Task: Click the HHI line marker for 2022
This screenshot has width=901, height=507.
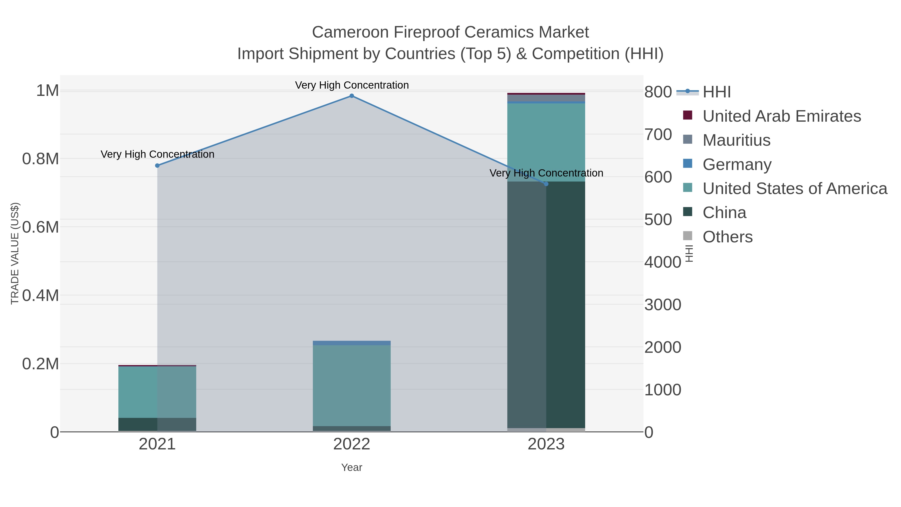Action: click(x=352, y=96)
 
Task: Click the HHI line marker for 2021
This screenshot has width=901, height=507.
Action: click(x=157, y=165)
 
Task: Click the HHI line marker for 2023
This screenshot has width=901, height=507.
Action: click(x=546, y=184)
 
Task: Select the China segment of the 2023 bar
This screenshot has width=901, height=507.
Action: click(x=546, y=304)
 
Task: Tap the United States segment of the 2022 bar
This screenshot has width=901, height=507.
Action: click(x=352, y=385)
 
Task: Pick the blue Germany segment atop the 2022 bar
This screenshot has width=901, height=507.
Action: click(x=352, y=343)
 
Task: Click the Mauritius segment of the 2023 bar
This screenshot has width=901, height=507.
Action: click(x=546, y=98)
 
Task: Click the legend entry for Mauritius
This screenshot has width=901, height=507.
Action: click(x=736, y=140)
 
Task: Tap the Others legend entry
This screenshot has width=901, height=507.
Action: click(x=728, y=237)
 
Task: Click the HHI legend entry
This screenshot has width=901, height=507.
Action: click(x=716, y=92)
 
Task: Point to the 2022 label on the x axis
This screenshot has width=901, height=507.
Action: click(x=352, y=444)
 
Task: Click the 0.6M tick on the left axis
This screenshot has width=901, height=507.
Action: click(x=41, y=227)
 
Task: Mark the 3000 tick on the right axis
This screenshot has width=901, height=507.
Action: click(x=662, y=305)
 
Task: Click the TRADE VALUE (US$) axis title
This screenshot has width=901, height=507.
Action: click(x=15, y=253)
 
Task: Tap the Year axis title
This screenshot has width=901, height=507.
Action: click(x=352, y=467)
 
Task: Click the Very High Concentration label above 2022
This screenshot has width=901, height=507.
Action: click(x=352, y=85)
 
